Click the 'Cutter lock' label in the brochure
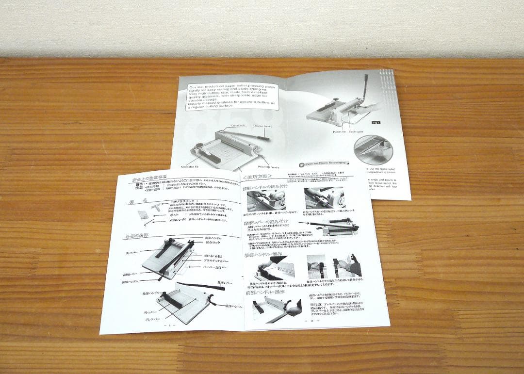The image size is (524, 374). tap(238, 125)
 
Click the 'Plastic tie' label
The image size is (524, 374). tap(339, 131)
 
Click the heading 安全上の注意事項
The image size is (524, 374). tap(150, 180)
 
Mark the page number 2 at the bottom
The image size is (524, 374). tap(310, 321)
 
